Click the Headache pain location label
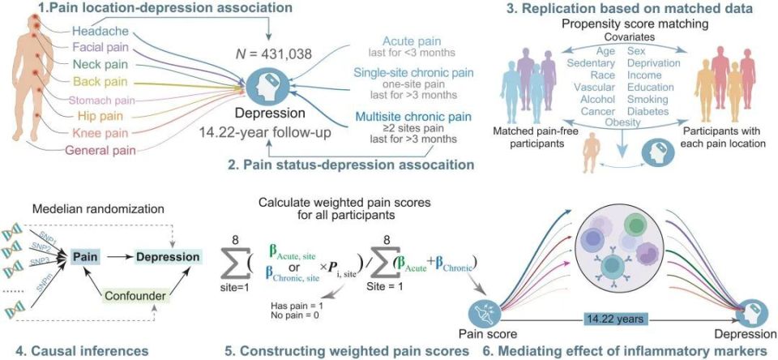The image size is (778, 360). (100, 32)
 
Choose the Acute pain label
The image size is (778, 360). (412, 41)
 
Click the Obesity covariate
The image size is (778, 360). (622, 122)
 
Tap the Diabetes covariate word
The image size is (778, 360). (648, 111)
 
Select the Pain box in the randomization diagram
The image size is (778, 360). (83, 257)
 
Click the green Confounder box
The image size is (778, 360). (136, 296)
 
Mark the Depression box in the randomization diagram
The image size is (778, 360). (169, 257)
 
